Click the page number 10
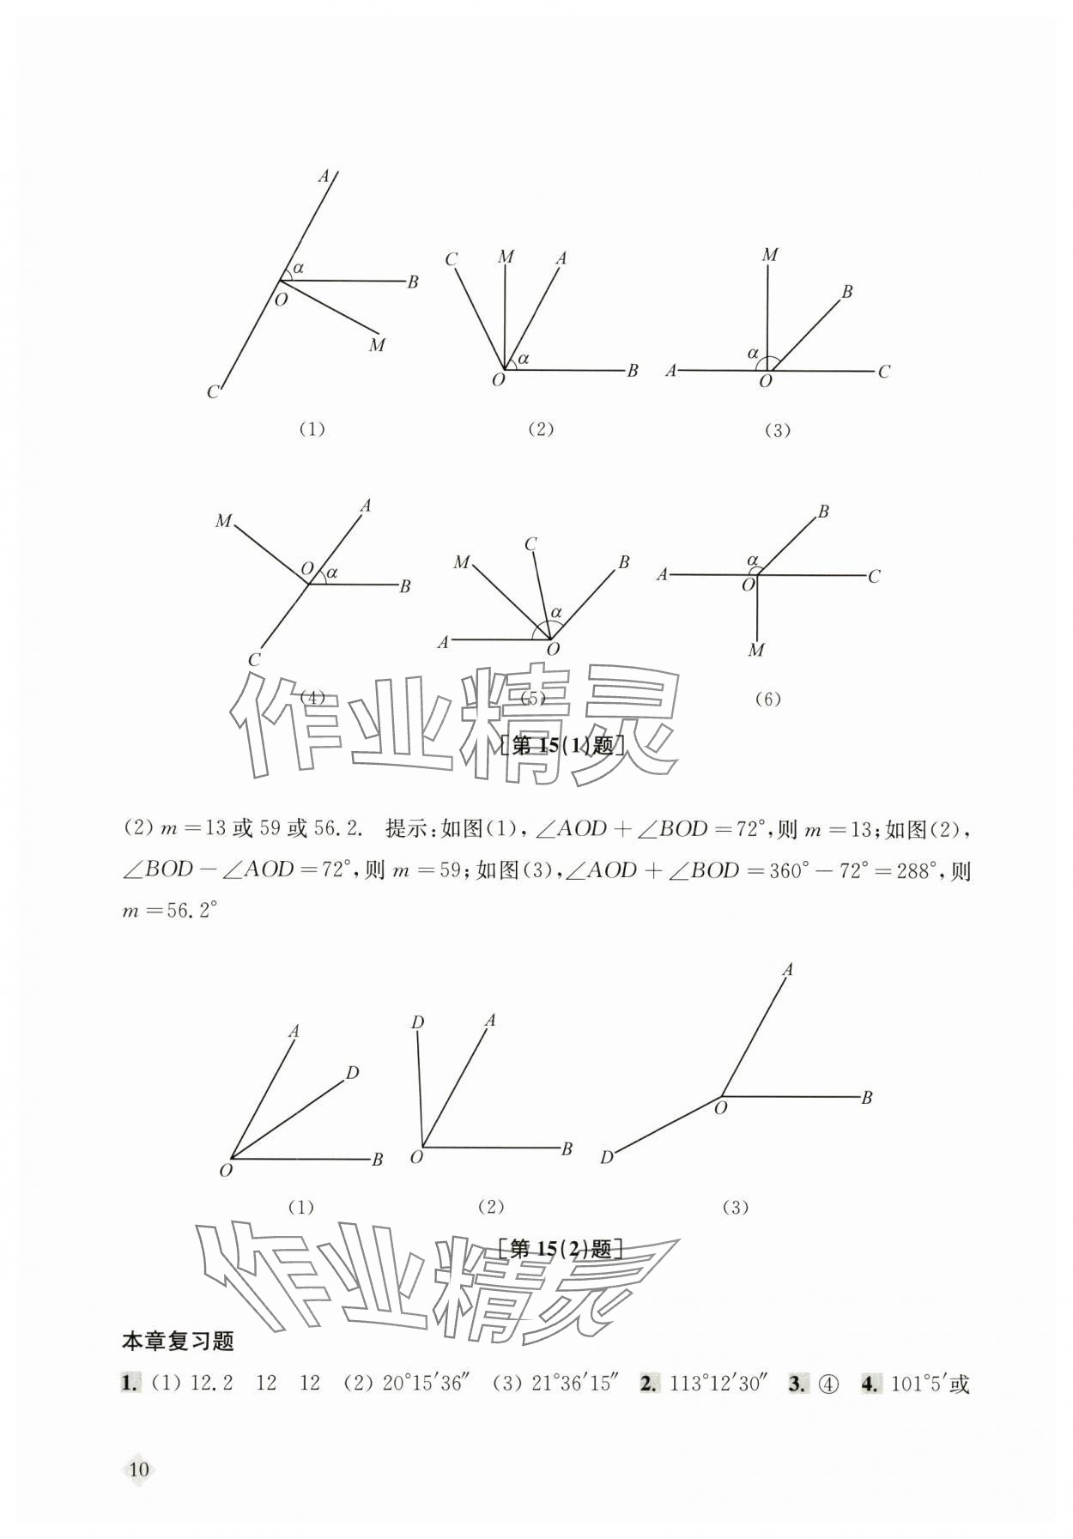point(138,1468)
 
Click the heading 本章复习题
point(178,1342)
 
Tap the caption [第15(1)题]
point(561,745)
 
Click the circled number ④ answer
point(827,1384)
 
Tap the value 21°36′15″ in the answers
point(575,1384)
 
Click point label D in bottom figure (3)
point(607,1158)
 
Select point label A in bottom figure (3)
point(787,970)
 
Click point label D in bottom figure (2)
point(417,1022)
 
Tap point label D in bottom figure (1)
point(352,1072)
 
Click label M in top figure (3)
point(769,255)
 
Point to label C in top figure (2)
point(451,259)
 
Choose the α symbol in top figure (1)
point(298,268)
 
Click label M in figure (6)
point(755,650)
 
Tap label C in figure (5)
point(530,544)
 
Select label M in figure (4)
point(224,521)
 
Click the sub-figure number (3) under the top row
point(777,431)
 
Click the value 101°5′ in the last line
point(919,1384)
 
